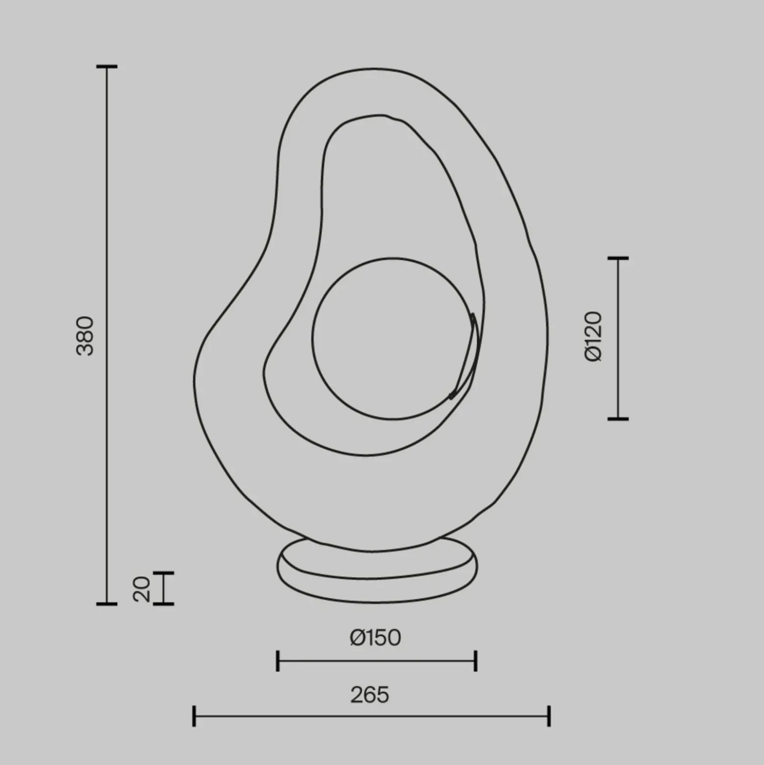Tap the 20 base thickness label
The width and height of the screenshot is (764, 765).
(142, 589)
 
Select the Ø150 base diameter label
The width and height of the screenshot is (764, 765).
(376, 638)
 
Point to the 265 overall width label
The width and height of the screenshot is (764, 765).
(370, 695)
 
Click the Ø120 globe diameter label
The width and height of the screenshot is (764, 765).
(593, 336)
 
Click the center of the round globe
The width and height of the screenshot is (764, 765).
(393, 339)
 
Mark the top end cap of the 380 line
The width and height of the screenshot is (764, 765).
(107, 66)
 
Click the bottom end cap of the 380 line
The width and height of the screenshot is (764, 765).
(107, 604)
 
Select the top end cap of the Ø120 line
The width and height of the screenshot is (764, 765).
(618, 258)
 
